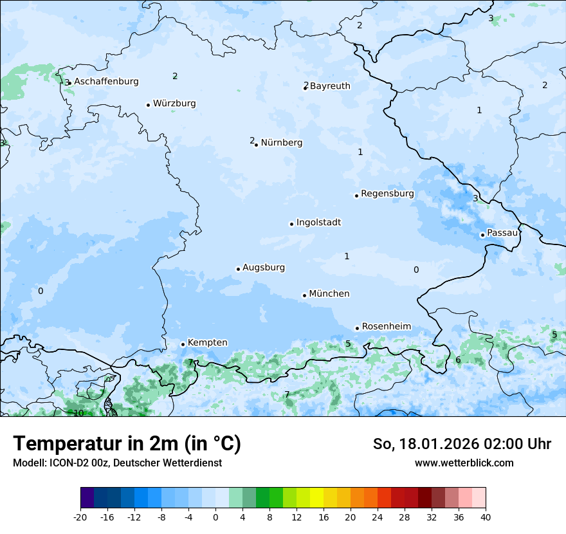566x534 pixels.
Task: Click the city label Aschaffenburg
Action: pos(106,82)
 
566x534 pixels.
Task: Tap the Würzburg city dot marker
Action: pos(148,105)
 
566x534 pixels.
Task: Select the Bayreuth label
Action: pos(330,86)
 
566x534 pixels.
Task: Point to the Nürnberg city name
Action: pos(281,143)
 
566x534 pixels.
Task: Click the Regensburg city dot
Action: pos(356,196)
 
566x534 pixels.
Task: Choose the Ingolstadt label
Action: pos(318,223)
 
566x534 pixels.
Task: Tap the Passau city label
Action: pos(502,233)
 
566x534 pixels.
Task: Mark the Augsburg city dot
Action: pos(238,269)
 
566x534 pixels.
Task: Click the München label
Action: pos(329,294)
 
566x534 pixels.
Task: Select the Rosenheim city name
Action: pos(386,327)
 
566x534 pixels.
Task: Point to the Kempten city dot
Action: pos(183,344)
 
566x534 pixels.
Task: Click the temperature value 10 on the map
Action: pos(78,413)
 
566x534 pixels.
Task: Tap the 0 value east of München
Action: pos(416,270)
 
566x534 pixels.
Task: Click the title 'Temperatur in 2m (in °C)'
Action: pos(127,444)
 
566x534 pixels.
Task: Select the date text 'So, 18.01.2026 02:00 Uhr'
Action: pos(462,444)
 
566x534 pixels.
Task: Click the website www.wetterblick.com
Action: pos(464,463)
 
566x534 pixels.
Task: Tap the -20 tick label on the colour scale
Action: pos(80,517)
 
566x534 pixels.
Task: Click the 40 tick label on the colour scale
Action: pos(486,517)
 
